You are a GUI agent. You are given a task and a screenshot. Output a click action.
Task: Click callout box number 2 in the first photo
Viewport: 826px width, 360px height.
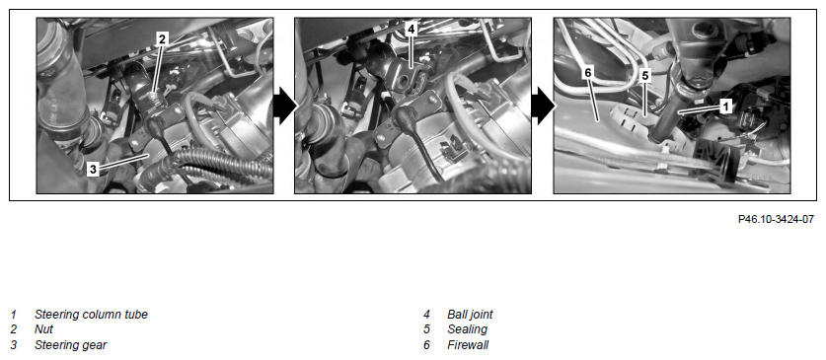tap(162, 38)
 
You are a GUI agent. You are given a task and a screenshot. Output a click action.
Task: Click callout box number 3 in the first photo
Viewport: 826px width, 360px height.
tap(93, 169)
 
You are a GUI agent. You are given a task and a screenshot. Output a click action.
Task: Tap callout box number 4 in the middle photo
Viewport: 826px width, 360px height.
tap(411, 29)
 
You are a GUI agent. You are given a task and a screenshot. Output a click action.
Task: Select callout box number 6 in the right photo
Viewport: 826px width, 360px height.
tap(589, 73)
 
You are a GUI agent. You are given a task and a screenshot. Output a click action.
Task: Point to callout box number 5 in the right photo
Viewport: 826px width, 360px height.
tap(645, 76)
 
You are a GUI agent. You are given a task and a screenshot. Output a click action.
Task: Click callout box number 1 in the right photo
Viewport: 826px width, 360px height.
tap(725, 107)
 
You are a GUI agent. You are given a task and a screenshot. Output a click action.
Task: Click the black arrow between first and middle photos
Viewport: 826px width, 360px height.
tap(284, 106)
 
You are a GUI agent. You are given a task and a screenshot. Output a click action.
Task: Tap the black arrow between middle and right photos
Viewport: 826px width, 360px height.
tap(542, 106)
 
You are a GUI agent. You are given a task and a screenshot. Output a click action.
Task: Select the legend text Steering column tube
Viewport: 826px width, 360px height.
tap(91, 315)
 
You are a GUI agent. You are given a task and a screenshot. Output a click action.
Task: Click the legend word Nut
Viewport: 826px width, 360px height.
tap(43, 330)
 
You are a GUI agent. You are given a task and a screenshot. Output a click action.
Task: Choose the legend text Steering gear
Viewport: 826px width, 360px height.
tap(71, 346)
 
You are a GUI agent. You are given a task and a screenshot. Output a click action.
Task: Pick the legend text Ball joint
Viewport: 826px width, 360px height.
tap(470, 315)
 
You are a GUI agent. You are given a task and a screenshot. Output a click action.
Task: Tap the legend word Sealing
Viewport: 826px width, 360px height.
tap(467, 330)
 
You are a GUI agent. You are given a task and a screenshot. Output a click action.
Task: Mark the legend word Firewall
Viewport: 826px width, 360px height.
tap(468, 345)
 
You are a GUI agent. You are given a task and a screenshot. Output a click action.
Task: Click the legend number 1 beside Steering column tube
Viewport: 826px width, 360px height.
tap(13, 315)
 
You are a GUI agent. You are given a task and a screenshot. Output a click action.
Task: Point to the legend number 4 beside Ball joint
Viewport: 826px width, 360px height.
tap(426, 315)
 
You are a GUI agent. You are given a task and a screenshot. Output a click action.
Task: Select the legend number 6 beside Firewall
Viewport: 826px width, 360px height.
tap(426, 345)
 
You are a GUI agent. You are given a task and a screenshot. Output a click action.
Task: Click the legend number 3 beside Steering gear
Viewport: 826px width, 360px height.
tap(13, 345)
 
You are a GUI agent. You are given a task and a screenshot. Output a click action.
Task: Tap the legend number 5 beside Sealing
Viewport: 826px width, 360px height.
tap(426, 330)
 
